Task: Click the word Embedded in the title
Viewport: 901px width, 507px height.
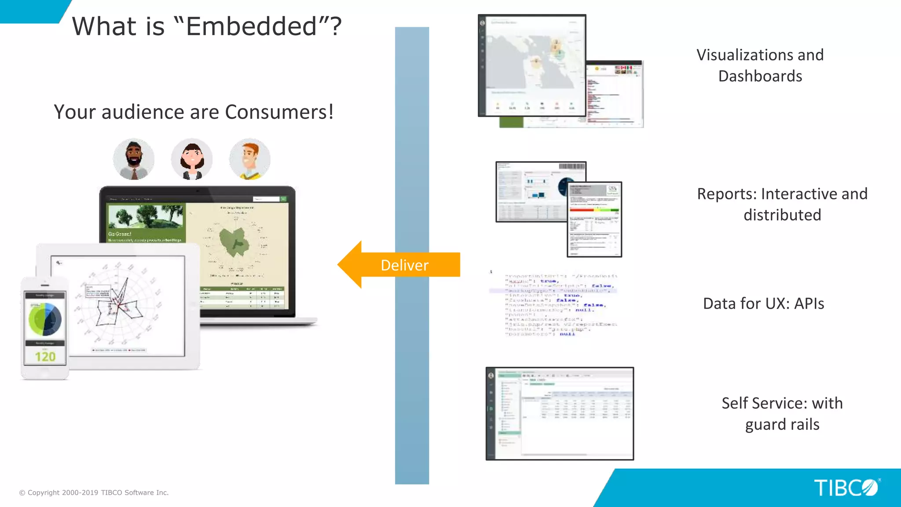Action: pyautogui.click(x=251, y=26)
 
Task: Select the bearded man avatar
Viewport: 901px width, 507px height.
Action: pyautogui.click(x=134, y=159)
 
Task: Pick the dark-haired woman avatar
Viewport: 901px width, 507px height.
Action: pyautogui.click(x=192, y=159)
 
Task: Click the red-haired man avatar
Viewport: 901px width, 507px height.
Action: pyautogui.click(x=249, y=159)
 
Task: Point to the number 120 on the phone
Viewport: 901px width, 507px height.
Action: pyautogui.click(x=45, y=356)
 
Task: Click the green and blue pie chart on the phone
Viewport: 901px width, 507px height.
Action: pyautogui.click(x=45, y=319)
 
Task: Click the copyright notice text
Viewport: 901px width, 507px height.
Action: pyautogui.click(x=94, y=492)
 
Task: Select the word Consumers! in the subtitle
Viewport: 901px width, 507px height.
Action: pyautogui.click(x=279, y=112)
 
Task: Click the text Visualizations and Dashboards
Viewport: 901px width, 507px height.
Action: pyautogui.click(x=760, y=65)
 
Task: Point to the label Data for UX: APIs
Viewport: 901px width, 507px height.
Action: pyautogui.click(x=763, y=304)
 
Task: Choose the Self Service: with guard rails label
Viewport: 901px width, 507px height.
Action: pyautogui.click(x=782, y=414)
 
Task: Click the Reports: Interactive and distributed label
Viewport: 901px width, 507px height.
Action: pyautogui.click(x=782, y=204)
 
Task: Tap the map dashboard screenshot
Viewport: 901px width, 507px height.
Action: pyautogui.click(x=532, y=65)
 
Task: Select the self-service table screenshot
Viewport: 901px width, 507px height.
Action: pyautogui.click(x=560, y=414)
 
